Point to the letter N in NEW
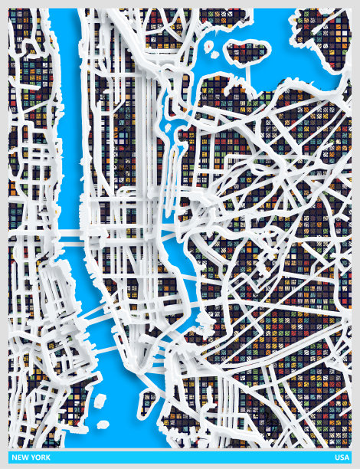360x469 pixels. click(13, 458)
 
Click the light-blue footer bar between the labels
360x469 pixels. click(184, 458)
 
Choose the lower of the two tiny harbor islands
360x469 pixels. click(102, 423)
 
